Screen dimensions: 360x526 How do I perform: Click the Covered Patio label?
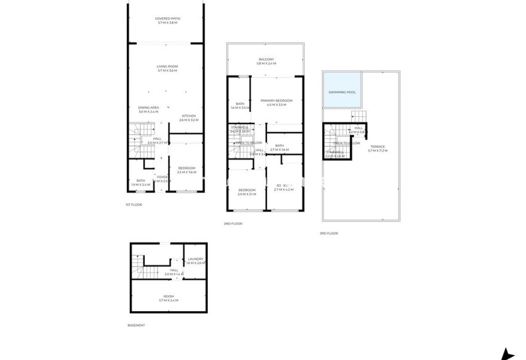click(x=167, y=20)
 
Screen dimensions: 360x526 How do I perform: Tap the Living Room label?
click(x=167, y=68)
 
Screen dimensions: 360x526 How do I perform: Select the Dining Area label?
click(x=148, y=109)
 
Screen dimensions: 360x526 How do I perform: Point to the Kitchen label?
click(x=189, y=118)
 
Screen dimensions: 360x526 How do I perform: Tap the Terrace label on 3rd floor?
click(x=377, y=148)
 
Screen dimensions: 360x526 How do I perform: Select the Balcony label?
click(x=266, y=61)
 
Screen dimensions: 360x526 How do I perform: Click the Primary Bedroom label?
click(x=276, y=103)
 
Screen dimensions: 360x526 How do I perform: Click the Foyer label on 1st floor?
click(x=162, y=179)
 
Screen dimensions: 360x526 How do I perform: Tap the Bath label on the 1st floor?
click(x=141, y=182)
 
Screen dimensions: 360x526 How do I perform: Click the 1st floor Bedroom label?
click(x=187, y=170)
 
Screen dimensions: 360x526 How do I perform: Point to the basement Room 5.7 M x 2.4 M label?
click(x=167, y=298)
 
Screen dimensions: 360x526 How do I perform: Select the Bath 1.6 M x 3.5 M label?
click(x=239, y=105)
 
